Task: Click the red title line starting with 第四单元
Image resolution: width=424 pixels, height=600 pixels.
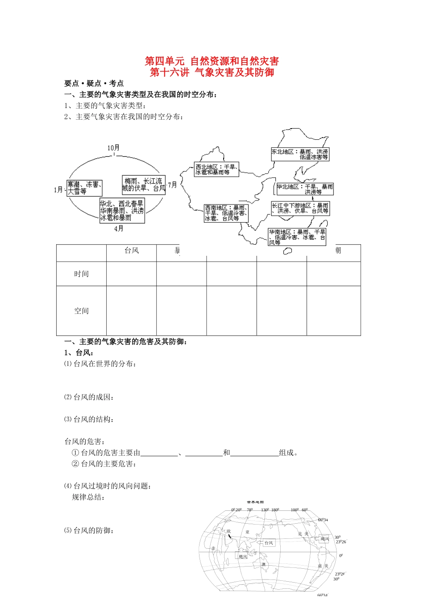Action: [x=212, y=61]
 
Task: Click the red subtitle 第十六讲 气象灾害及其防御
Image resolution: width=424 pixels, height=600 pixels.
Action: [x=212, y=72]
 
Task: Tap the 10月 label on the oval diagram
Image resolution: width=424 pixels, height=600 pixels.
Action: [x=113, y=148]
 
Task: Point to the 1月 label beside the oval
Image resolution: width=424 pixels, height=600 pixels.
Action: [x=58, y=190]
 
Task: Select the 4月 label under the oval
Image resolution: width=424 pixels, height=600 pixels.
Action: [x=119, y=229]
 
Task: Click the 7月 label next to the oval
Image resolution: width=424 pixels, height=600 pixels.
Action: [x=172, y=185]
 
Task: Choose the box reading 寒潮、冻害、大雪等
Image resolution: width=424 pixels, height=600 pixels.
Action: [x=85, y=188]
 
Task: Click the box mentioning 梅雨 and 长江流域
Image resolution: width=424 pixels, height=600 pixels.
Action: [x=144, y=185]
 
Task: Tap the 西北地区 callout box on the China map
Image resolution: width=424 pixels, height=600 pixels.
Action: [x=216, y=170]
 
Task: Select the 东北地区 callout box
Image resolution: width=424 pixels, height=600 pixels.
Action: [x=300, y=154]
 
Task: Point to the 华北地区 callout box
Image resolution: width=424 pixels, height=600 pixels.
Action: [x=305, y=189]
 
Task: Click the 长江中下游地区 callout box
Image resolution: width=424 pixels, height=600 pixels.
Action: [x=300, y=208]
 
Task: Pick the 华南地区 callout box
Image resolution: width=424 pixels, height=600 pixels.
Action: [x=297, y=237]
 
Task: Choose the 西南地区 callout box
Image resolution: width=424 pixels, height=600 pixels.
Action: [x=226, y=213]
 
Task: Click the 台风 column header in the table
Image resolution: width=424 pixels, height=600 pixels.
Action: [x=132, y=251]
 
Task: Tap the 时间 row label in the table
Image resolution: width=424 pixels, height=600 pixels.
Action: [x=81, y=274]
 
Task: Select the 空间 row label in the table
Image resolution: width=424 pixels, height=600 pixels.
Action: [x=81, y=311]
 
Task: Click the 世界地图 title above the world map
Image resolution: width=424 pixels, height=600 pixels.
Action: [x=255, y=502]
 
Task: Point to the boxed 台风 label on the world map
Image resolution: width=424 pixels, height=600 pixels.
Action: [x=269, y=543]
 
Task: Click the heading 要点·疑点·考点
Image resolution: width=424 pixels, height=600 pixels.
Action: [x=94, y=83]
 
